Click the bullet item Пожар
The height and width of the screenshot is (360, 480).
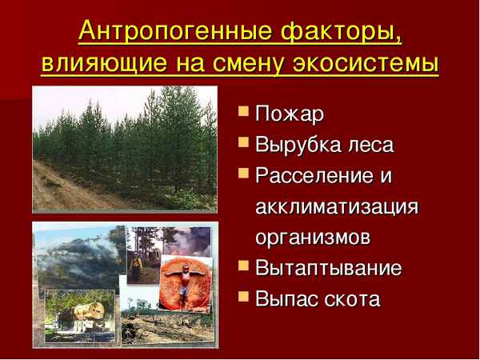289,115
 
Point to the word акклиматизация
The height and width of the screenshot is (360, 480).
337,207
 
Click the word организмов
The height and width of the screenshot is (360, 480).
313,238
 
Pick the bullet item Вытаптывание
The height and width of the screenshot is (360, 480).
328,268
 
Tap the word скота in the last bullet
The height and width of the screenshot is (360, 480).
351,298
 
